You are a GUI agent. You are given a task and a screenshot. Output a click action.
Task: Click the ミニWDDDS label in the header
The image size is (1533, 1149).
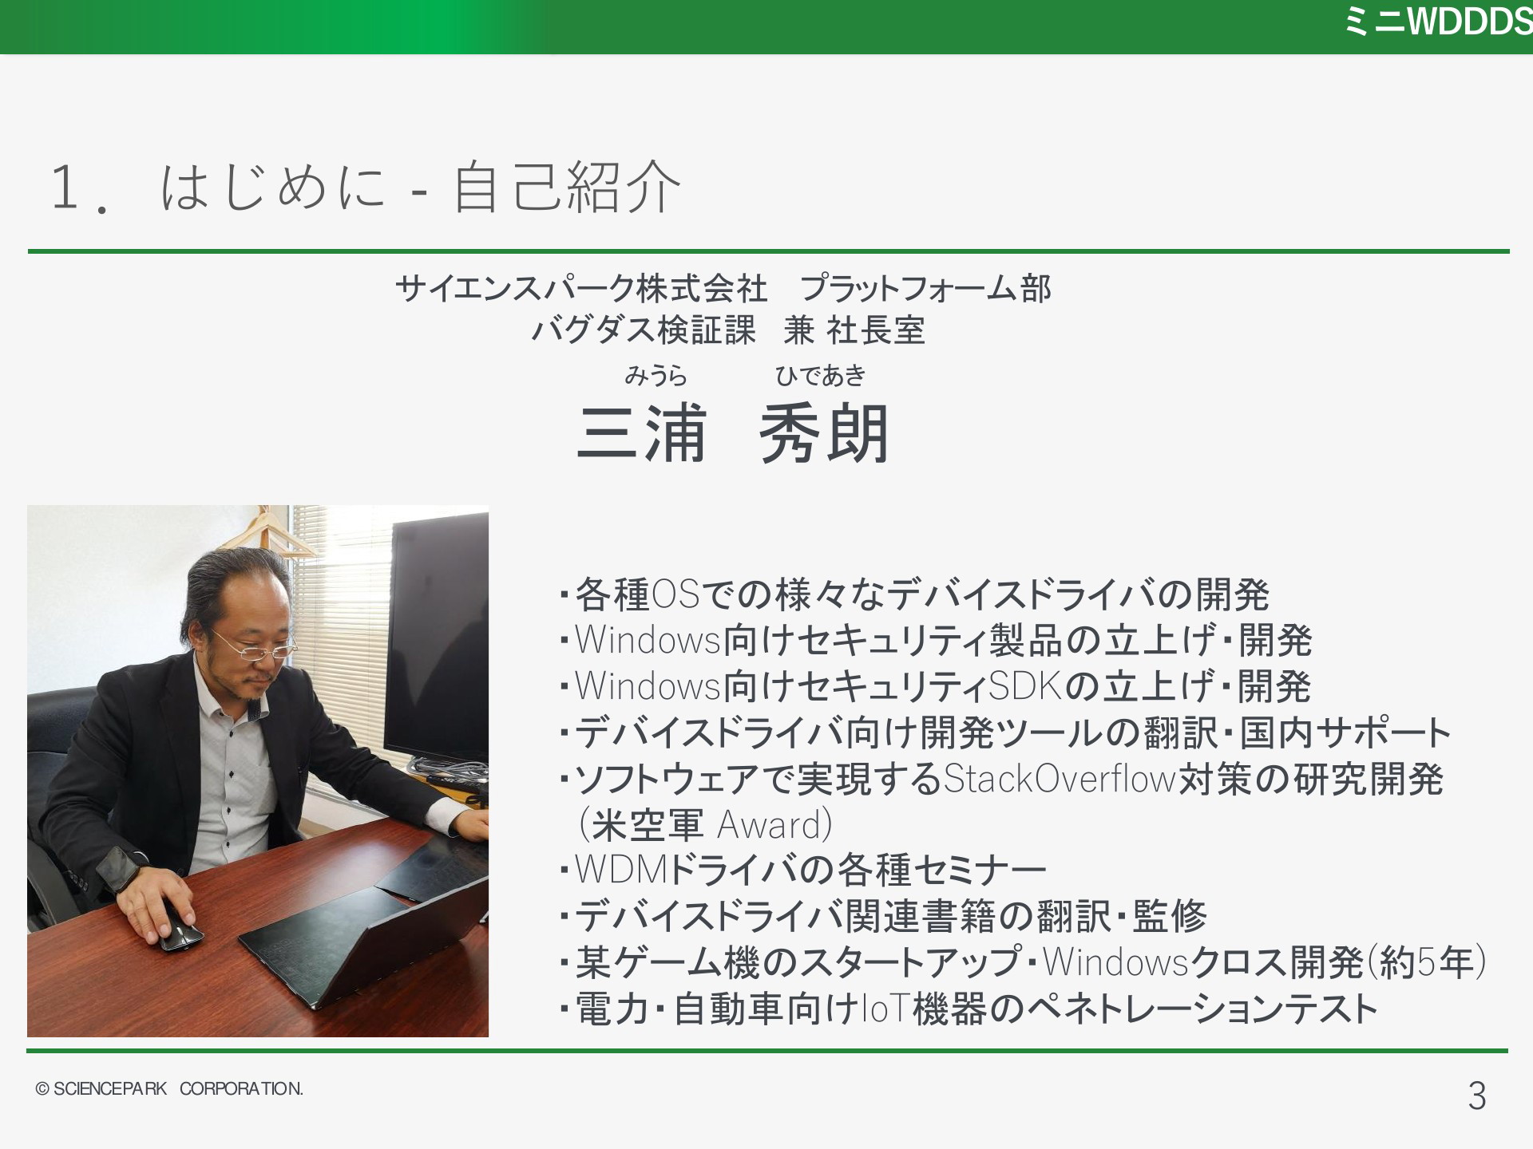coord(1438,22)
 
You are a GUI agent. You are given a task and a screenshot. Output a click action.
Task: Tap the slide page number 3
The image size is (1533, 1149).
coord(1477,1096)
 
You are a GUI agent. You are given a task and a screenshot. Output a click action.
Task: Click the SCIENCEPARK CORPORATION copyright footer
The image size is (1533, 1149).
coord(169,1088)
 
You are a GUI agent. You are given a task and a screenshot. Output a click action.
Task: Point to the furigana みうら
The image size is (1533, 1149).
coord(656,375)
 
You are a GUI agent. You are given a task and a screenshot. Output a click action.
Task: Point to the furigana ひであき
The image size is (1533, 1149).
coord(821,375)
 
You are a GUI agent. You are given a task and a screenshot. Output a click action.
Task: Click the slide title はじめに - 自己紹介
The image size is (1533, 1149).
coord(421,188)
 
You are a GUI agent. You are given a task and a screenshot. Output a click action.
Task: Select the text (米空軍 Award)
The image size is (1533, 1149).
coord(705,825)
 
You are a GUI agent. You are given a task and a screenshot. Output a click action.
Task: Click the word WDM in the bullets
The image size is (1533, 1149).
coord(621,870)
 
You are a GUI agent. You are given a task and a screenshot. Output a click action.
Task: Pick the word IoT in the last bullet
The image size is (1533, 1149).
coord(886,1009)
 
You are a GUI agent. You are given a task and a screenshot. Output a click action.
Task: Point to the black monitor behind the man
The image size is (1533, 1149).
coord(440,638)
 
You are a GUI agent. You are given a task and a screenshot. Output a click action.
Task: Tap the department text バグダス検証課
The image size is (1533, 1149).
coord(644,330)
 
